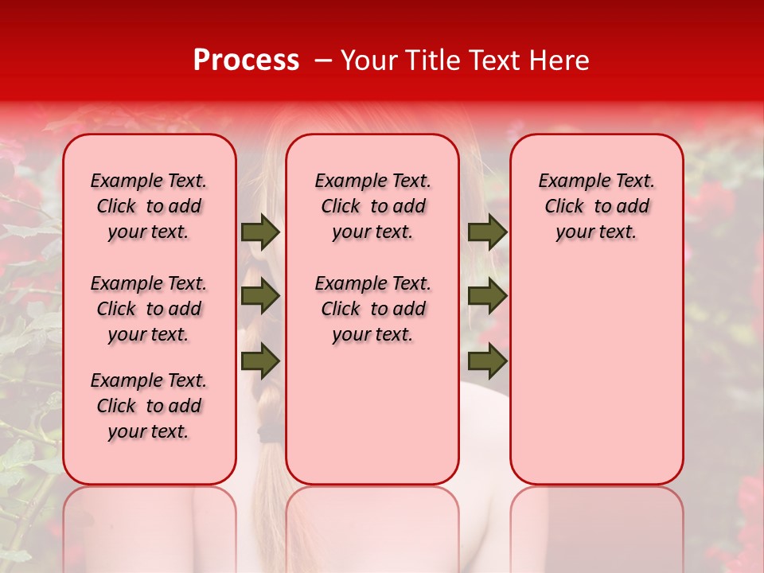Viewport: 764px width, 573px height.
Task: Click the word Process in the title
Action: pos(246,60)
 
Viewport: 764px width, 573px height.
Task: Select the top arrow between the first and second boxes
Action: pos(260,232)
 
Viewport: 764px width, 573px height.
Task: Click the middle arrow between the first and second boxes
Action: pos(260,297)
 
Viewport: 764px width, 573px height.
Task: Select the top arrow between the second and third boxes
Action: pos(487,232)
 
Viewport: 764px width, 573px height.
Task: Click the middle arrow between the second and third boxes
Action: pos(487,297)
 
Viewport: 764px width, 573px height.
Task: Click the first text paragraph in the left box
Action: pos(149,206)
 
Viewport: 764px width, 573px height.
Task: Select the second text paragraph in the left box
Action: pos(149,309)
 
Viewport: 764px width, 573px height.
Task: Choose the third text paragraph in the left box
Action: pos(149,406)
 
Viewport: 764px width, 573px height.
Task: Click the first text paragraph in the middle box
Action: pos(372,206)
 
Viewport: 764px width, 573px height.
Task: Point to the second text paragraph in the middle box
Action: pos(372,309)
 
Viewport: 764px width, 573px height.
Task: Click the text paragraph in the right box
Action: pos(597,206)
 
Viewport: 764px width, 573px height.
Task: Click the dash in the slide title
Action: pos(323,60)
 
